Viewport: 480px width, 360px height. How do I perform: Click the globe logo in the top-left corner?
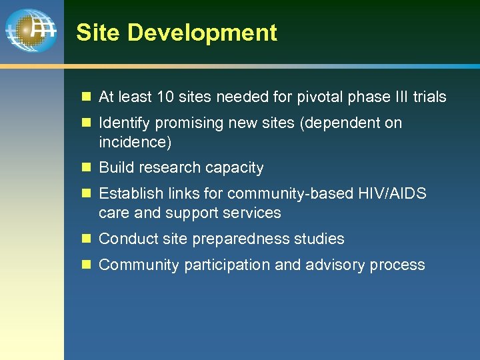(x=31, y=31)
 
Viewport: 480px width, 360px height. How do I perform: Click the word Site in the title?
(x=93, y=33)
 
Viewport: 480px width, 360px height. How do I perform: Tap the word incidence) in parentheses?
(x=135, y=142)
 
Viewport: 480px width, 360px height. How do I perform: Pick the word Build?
(x=116, y=168)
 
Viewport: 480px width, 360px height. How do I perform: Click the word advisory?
(x=335, y=265)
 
